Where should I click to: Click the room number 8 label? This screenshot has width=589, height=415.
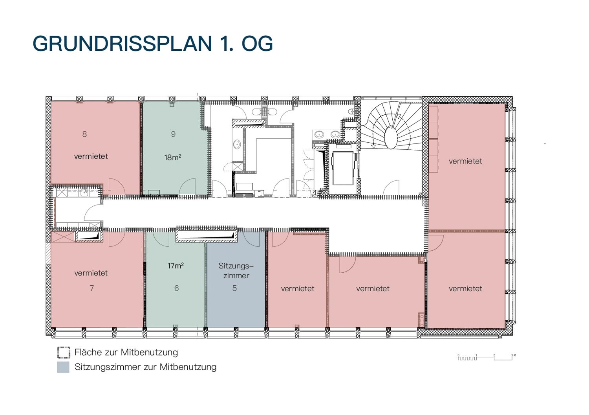(84, 134)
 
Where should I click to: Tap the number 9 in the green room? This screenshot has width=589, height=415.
(173, 134)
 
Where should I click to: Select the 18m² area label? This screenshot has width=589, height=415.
(173, 157)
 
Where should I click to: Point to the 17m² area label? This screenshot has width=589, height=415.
(176, 266)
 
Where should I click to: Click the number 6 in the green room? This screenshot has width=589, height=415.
(176, 288)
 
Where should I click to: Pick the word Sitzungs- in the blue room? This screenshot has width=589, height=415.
(236, 266)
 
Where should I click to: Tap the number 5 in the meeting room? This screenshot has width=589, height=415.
(234, 288)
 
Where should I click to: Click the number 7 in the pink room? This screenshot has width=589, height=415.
(92, 288)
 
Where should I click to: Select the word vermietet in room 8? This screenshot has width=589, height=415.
(91, 156)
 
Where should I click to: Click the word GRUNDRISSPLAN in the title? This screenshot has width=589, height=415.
(122, 43)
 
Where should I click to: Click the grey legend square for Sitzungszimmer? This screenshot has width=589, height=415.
(63, 367)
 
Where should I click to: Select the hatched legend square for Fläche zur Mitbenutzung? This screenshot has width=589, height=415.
(64, 353)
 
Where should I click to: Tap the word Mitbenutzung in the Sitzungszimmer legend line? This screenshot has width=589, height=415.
(188, 367)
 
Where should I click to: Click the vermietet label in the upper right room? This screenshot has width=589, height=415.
(465, 161)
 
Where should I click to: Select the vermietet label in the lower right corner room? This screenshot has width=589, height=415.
(465, 289)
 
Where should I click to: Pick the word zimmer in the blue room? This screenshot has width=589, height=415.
(236, 276)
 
